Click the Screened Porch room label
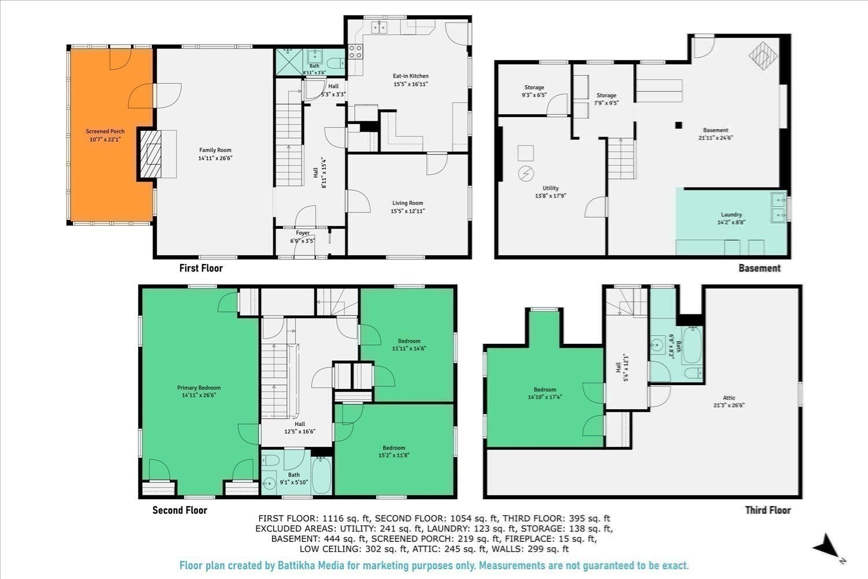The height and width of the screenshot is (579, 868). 105,131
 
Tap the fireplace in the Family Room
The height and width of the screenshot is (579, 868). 157,154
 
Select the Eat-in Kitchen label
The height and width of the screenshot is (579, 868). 411,76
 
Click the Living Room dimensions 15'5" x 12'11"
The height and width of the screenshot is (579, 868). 407,211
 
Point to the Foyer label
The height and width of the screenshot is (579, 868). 303,233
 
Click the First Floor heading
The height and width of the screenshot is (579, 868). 201,268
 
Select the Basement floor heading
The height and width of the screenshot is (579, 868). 759,268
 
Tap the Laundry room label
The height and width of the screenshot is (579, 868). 731,215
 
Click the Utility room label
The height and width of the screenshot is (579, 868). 550,188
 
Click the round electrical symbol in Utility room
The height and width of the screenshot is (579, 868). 525,174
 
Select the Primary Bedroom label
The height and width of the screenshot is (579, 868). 198,388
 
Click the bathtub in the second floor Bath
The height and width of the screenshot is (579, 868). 322,475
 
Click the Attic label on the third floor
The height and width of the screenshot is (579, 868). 729,398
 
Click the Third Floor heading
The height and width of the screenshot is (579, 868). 767,510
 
